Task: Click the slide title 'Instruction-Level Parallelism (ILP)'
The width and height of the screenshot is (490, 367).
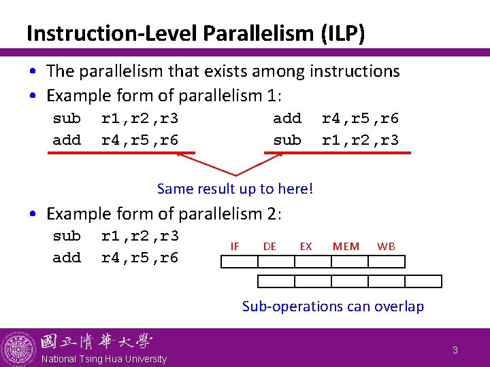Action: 196,33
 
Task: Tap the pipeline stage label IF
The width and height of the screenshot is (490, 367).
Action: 235,246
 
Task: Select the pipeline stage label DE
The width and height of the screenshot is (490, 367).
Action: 269,246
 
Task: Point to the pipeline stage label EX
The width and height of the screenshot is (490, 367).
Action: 306,246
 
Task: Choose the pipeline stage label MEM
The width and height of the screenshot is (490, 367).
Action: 346,246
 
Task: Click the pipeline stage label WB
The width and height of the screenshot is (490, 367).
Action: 386,246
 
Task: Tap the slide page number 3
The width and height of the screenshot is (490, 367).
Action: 455,351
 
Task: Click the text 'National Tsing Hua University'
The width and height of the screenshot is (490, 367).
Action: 103,359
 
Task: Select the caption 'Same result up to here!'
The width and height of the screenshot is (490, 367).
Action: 235,189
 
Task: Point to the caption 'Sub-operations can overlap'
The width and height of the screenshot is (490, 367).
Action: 333,307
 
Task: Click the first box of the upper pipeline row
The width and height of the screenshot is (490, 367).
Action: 240,262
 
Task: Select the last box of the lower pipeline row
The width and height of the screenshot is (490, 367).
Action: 423,281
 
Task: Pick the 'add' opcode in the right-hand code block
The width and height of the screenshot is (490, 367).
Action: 287,118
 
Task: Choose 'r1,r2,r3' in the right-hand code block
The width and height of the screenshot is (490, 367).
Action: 360,140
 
